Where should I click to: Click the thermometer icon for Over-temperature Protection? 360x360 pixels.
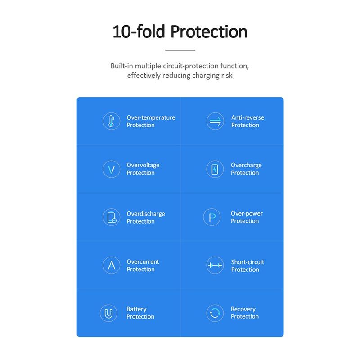(111, 121)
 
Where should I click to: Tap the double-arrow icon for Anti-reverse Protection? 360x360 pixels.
(215, 121)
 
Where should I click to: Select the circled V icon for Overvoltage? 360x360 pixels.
(111, 169)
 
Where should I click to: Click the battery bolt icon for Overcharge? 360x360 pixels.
(215, 169)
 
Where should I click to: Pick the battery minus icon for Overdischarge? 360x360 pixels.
(111, 217)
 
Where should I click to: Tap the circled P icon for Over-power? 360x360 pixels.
(212, 217)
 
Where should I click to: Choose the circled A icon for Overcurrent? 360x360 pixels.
(111, 265)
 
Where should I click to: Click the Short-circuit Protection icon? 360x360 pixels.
(215, 265)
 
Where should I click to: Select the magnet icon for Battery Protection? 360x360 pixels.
(108, 313)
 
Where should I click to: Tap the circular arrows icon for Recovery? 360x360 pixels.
(215, 313)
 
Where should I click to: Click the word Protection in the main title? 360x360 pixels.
(209, 31)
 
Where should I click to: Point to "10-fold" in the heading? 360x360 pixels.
(139, 31)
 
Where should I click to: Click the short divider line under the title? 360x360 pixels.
(180, 50)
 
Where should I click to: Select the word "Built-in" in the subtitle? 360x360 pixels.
(121, 66)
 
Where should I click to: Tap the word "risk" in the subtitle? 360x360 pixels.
(227, 76)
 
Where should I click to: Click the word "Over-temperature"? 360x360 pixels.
(151, 117)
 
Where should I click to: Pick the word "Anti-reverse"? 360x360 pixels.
(247, 117)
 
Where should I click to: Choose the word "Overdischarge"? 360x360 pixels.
(146, 214)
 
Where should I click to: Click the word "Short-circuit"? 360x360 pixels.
(247, 262)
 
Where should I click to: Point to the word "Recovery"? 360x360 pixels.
(243, 309)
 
